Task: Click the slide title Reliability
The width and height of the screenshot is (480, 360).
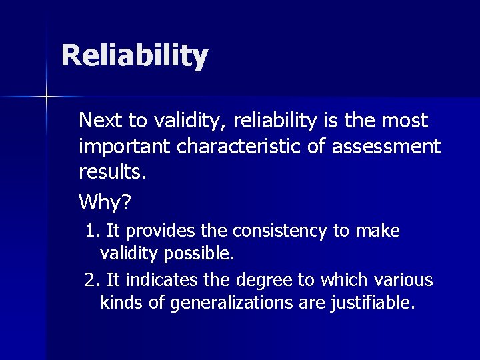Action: coord(134,56)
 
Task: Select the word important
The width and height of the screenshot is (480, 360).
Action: coord(126,146)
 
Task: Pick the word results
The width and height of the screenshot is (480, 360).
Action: coord(111,171)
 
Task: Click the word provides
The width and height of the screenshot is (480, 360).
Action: coord(158,231)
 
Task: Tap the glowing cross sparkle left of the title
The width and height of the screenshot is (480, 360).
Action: coord(46,97)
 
